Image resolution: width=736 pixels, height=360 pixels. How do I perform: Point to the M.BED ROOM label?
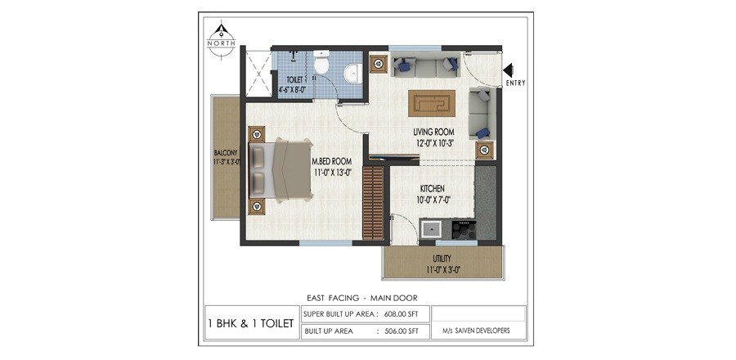point(331,166)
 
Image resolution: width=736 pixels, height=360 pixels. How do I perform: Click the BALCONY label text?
point(226,157)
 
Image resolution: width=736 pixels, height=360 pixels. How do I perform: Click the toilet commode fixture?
point(321,65)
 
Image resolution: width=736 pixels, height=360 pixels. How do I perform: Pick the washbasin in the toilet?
point(352,73)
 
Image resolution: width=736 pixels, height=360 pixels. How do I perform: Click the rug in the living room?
point(433,103)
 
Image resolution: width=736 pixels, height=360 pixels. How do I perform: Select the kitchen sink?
point(431,228)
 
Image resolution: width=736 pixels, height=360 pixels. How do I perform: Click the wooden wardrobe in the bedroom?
point(372,202)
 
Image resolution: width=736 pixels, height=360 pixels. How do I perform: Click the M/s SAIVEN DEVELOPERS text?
point(477,331)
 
